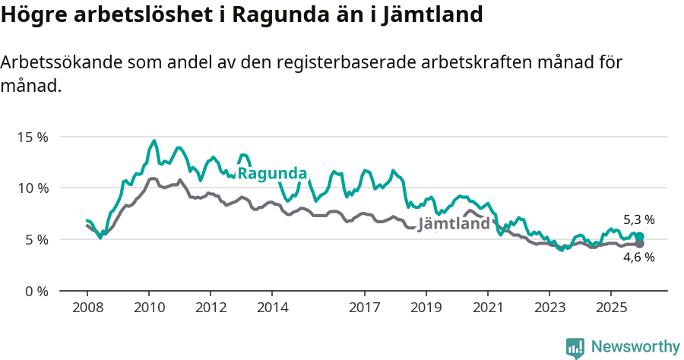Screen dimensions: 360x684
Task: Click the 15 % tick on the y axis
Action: pyautogui.click(x=33, y=137)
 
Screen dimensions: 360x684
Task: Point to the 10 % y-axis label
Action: pyautogui.click(x=33, y=188)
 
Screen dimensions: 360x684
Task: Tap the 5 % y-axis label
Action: pyautogui.click(x=36, y=239)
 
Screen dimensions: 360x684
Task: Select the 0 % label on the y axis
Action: pyautogui.click(x=36, y=291)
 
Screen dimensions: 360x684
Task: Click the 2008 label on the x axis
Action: pyautogui.click(x=87, y=308)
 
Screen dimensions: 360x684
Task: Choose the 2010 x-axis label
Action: pyautogui.click(x=149, y=308)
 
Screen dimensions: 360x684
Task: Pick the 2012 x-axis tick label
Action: pyautogui.click(x=211, y=308)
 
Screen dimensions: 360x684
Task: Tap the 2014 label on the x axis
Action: pyautogui.click(x=272, y=308)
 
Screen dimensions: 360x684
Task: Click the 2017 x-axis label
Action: pyautogui.click(x=364, y=308)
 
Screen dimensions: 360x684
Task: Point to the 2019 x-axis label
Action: pyautogui.click(x=426, y=308)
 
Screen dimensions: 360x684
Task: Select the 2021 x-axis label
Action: pyautogui.click(x=487, y=308)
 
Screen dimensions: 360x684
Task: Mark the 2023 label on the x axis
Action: pyautogui.click(x=549, y=308)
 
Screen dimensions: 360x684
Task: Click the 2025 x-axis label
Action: pyautogui.click(x=610, y=308)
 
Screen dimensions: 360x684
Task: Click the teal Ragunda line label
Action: pyautogui.click(x=272, y=173)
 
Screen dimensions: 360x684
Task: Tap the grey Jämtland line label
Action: pyautogui.click(x=454, y=225)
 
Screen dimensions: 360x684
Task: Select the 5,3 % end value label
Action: pyautogui.click(x=638, y=220)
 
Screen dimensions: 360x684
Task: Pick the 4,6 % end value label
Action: pyautogui.click(x=638, y=257)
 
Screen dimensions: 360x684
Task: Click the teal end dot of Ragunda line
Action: pyautogui.click(x=639, y=237)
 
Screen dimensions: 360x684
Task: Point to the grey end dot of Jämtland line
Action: pyautogui.click(x=639, y=244)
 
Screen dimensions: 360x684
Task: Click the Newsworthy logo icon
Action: pyautogui.click(x=575, y=348)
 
